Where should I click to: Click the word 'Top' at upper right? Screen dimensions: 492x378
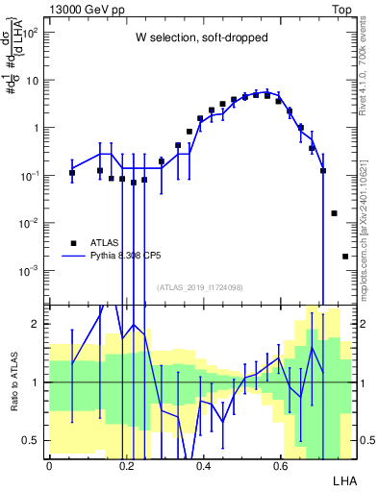pos(341,9)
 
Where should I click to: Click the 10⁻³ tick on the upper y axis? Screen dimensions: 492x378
pos(32,270)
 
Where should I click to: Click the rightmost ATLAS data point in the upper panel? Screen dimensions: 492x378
pos(345,256)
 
